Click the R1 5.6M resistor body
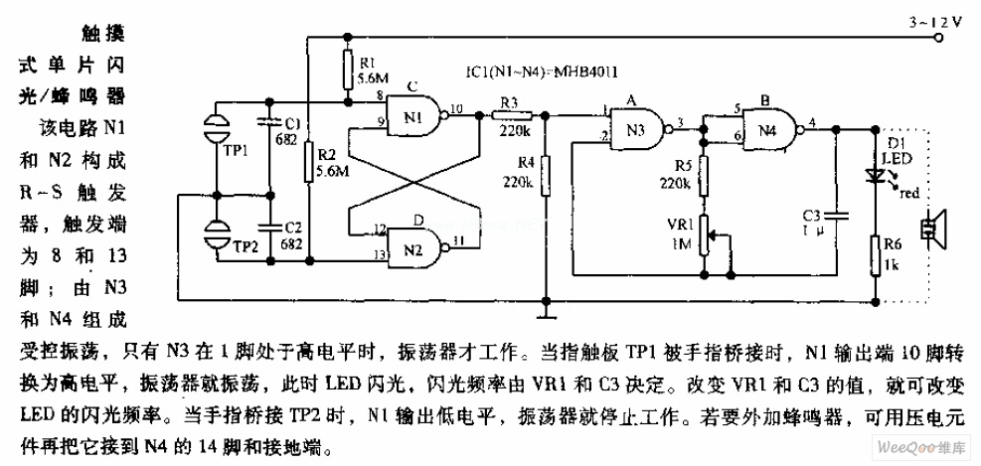pos(347,70)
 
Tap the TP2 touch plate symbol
pos(216,236)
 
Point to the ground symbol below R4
pos(546,315)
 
